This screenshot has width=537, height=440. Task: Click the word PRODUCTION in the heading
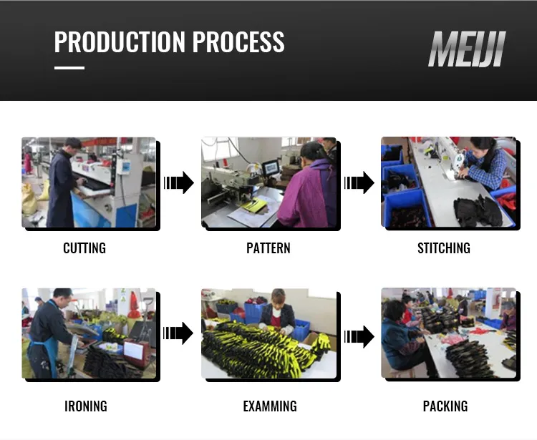tap(120, 41)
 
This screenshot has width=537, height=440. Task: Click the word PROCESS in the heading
tap(238, 41)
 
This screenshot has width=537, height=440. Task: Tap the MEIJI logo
tap(467, 49)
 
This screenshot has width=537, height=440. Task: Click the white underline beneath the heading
tap(69, 68)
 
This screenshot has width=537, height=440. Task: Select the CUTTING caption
tap(84, 248)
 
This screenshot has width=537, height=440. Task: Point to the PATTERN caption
tap(268, 248)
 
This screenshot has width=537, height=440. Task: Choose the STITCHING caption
tap(444, 248)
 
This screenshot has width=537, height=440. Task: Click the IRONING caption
tap(86, 406)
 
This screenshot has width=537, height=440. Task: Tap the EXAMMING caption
tap(270, 406)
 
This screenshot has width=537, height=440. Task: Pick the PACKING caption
tap(445, 406)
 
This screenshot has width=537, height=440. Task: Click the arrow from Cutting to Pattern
tap(179, 182)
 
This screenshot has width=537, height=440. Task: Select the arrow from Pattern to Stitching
tap(359, 182)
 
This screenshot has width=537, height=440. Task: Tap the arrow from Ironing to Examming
tap(178, 333)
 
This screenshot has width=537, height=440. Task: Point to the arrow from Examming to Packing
tap(359, 337)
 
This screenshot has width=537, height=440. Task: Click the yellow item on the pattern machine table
tap(254, 205)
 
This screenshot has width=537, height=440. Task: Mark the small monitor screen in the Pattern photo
tap(271, 167)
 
